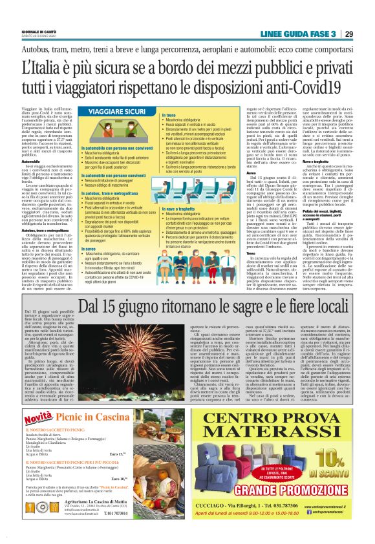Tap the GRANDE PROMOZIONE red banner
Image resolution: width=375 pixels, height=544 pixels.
pos(288,497)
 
